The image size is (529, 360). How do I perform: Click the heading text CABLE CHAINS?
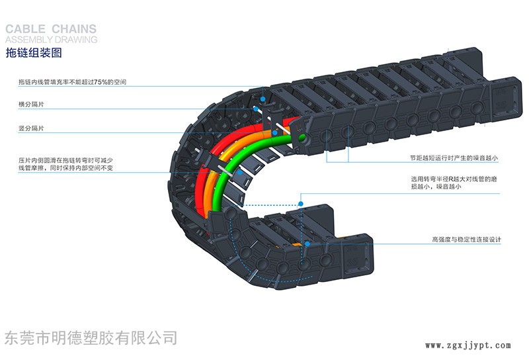[x=51, y=29]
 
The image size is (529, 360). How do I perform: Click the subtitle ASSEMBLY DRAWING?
[x=51, y=39]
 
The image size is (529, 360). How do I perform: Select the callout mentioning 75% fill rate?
[x=72, y=82]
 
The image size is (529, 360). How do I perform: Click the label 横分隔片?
[x=32, y=104]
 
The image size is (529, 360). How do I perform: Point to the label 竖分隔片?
[x=32, y=128]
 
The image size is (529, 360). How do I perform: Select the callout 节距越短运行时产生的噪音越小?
[x=454, y=158]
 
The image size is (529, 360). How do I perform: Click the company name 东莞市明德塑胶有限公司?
[x=91, y=338]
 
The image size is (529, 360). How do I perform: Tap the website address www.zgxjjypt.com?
[x=468, y=345]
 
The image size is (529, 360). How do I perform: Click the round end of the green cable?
[x=303, y=138]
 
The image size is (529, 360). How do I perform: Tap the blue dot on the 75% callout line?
[x=263, y=99]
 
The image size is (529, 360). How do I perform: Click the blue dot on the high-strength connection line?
[x=307, y=245]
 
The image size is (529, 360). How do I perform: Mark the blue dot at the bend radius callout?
[x=302, y=202]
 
